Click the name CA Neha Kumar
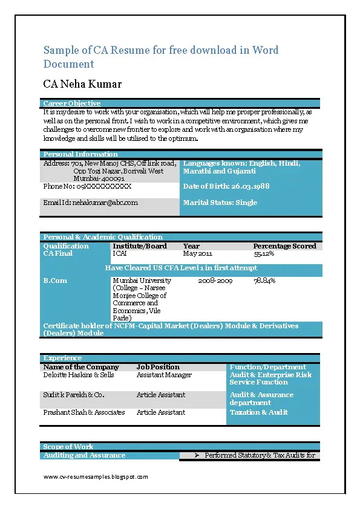[82, 84]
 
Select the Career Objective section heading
[72, 103]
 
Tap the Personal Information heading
[80, 154]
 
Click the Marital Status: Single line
[220, 203]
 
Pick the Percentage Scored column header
[284, 246]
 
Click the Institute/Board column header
[139, 246]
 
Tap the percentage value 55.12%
[264, 254]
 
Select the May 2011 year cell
[198, 254]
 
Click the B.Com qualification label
[55, 280]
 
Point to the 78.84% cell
[264, 280]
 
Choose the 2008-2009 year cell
[215, 280]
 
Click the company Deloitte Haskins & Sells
[79, 375]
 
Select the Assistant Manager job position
[164, 375]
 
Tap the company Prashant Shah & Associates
[84, 412]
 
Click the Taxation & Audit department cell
[259, 412]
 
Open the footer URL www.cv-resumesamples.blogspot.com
[96, 477]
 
